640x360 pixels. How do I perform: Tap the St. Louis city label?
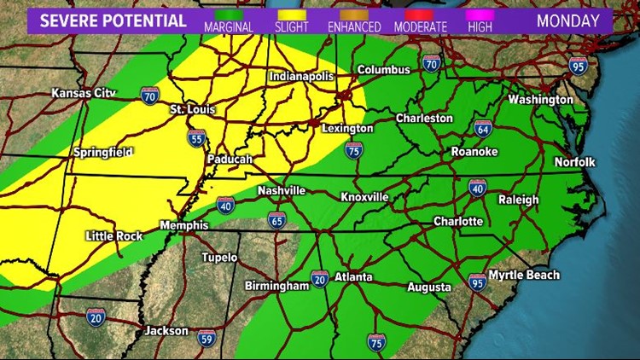[193, 109]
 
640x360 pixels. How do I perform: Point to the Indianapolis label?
[303, 76]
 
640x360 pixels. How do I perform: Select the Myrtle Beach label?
[524, 275]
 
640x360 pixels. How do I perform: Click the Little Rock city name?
[114, 235]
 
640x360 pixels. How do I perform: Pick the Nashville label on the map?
[282, 190]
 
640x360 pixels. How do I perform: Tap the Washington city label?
[540, 100]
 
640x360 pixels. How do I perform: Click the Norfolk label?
[574, 161]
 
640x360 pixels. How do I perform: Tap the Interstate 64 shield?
[483, 129]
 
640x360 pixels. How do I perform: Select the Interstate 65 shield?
[276, 219]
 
